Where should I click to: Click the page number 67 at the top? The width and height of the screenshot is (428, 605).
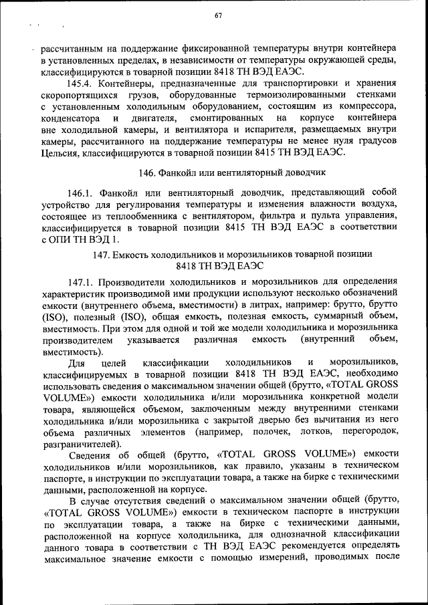[x=218, y=16]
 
